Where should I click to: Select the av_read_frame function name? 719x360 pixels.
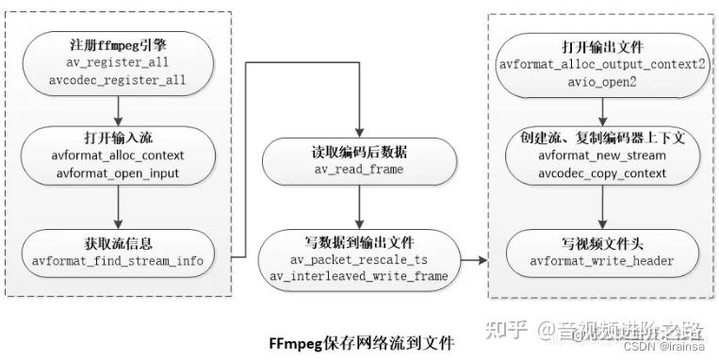358,169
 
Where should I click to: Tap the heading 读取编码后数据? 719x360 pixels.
358,152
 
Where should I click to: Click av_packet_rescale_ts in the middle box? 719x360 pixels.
358,257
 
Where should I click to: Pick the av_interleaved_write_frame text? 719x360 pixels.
358,274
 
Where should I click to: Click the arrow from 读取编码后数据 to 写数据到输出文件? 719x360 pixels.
358,206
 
